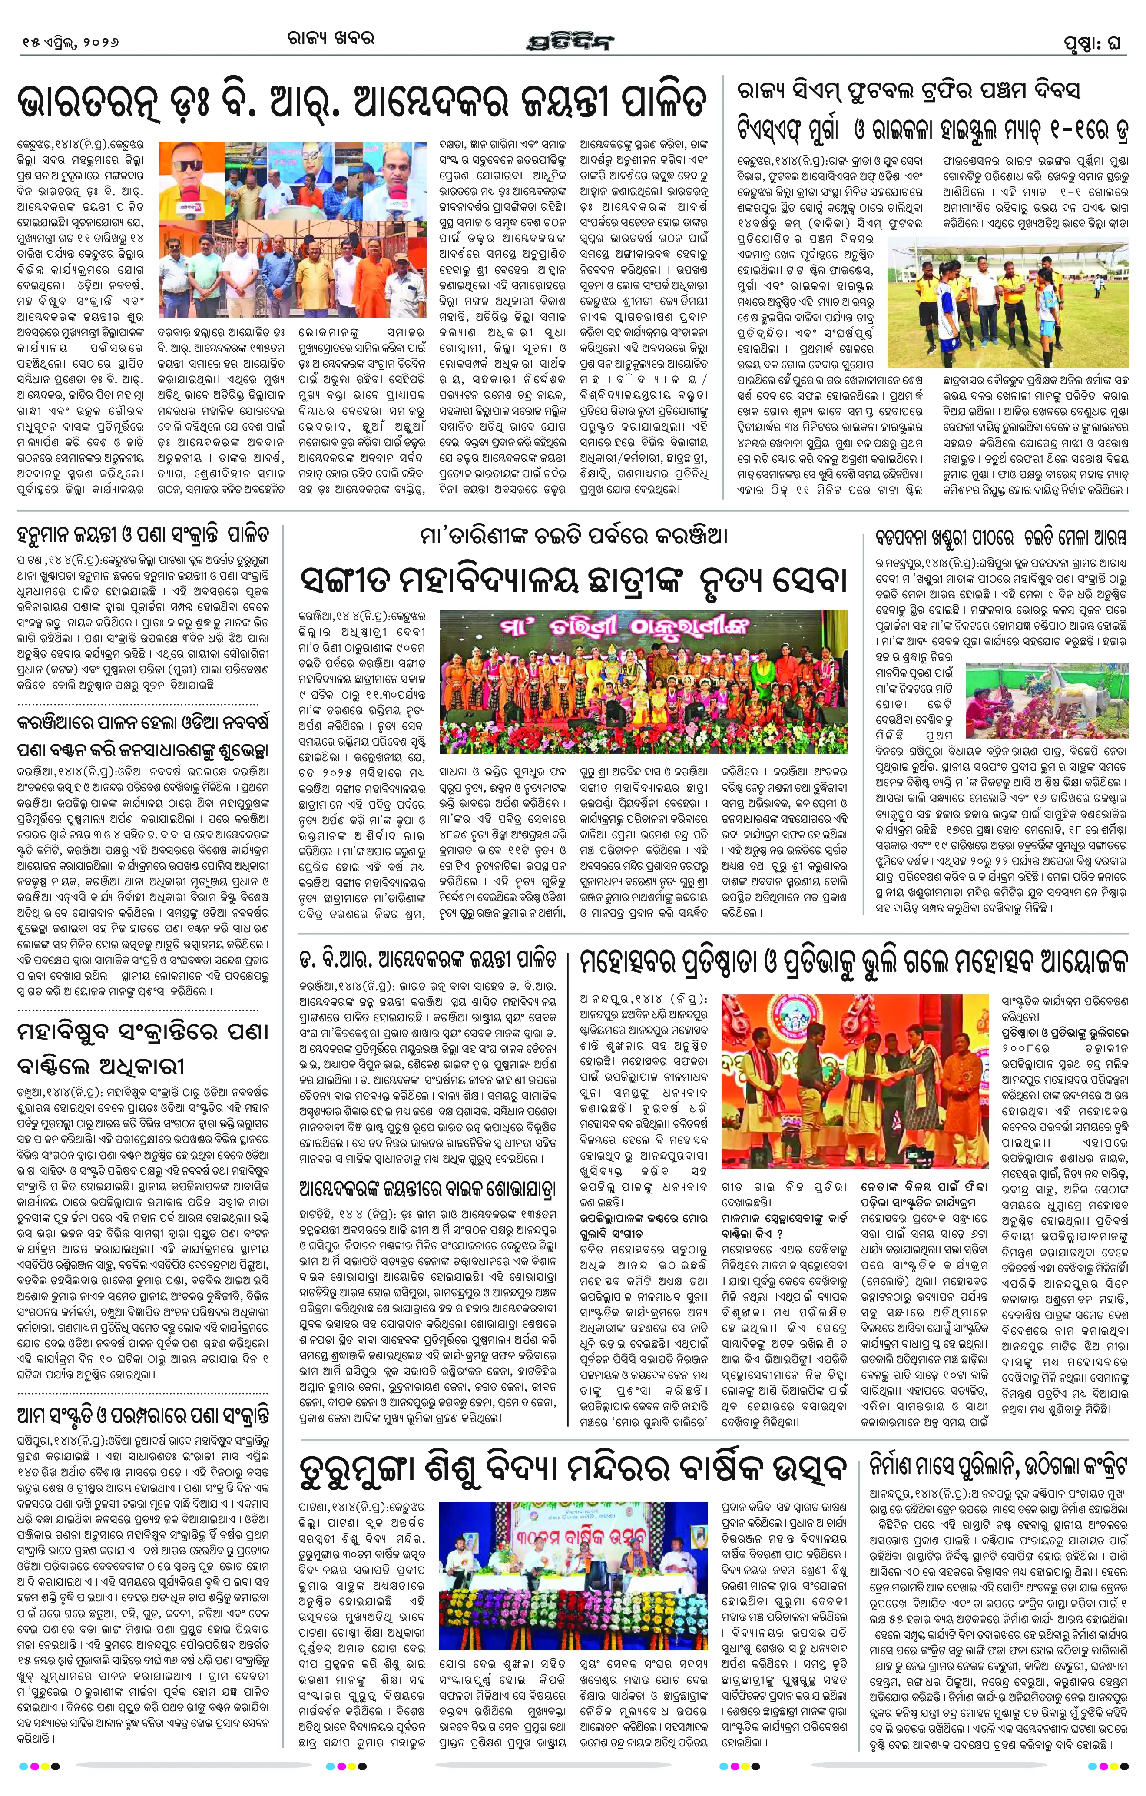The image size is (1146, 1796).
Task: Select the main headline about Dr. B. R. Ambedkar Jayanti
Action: pyautogui.click(x=361, y=102)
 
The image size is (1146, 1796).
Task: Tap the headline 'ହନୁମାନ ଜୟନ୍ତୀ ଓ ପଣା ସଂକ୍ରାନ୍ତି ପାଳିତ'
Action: pyautogui.click(x=142, y=536)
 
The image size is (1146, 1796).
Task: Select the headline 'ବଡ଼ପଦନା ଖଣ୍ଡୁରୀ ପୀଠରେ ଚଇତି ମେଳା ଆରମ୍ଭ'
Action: pyautogui.click(x=1000, y=537)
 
